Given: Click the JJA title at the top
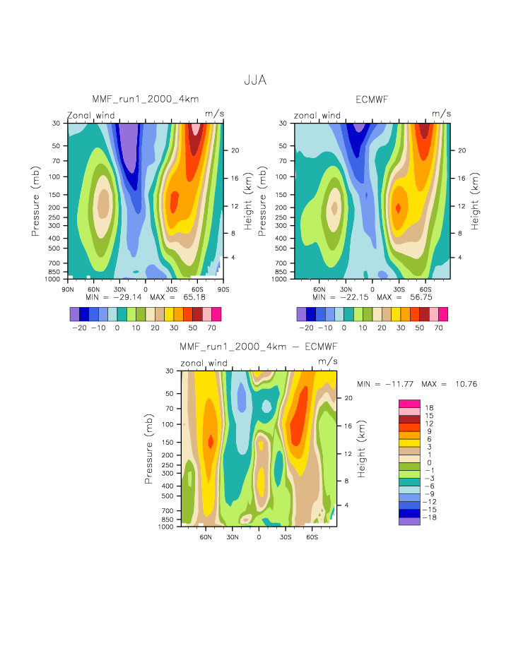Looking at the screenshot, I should (255, 80).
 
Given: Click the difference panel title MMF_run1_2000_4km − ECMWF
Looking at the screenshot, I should (258, 347).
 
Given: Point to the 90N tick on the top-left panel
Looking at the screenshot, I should (69, 289).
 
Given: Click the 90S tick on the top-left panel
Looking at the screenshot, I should (223, 289).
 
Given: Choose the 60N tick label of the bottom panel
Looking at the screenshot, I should (206, 536).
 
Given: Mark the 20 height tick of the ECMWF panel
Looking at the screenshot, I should (459, 150).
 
